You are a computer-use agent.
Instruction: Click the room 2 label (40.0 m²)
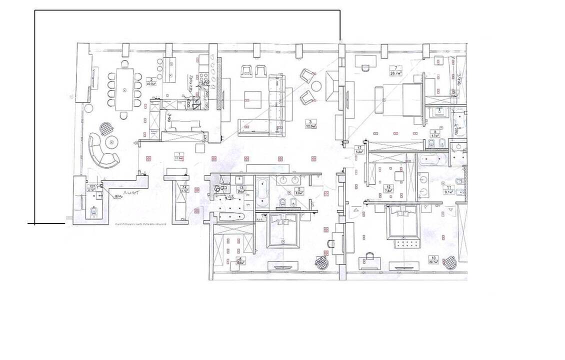point(149,82)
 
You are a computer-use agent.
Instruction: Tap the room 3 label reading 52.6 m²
point(312,123)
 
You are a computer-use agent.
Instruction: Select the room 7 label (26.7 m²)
point(398,70)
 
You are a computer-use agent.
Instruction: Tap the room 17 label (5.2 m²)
point(358,149)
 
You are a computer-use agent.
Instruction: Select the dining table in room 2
point(124,89)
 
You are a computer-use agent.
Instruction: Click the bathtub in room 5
point(262,193)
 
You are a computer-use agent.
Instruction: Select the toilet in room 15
point(93,212)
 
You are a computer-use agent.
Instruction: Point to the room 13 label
point(239,189)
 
